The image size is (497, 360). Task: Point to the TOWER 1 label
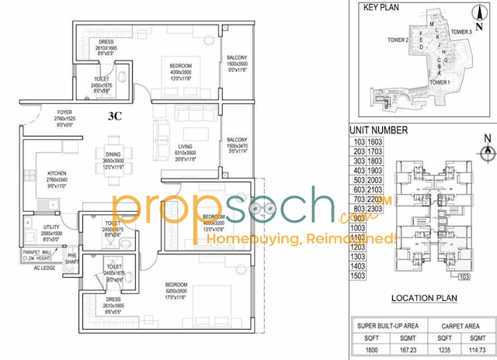coord(440,82)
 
